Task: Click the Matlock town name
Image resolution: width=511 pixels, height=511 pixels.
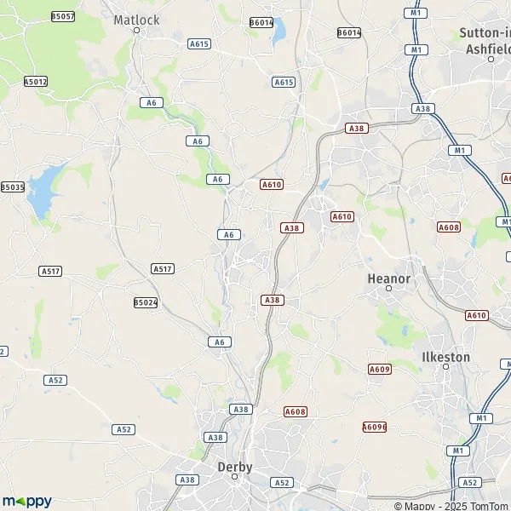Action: pyautogui.click(x=136, y=18)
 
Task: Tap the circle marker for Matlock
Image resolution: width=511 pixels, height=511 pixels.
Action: pyautogui.click(x=136, y=30)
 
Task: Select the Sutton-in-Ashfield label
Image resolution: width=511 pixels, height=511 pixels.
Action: pyautogui.click(x=485, y=40)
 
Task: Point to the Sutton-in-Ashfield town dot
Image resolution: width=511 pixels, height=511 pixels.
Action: pyautogui.click(x=491, y=59)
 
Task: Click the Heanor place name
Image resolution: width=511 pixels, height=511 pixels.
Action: pyautogui.click(x=388, y=278)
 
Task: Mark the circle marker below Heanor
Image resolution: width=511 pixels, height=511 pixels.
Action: pyautogui.click(x=388, y=289)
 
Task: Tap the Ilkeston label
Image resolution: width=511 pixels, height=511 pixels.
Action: pyautogui.click(x=446, y=357)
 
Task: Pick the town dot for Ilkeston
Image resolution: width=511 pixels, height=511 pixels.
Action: pyautogui.click(x=445, y=367)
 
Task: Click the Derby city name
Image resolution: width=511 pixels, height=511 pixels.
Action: pyautogui.click(x=234, y=467)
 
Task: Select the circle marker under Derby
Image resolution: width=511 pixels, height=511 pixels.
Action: pyautogui.click(x=235, y=478)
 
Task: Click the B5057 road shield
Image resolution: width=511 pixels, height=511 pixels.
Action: pyautogui.click(x=63, y=16)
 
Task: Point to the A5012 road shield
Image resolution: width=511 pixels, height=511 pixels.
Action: pyautogui.click(x=36, y=82)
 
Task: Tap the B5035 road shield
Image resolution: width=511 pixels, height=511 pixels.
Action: pyautogui.click(x=12, y=187)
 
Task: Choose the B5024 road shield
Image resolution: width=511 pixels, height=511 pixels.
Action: pyautogui.click(x=146, y=302)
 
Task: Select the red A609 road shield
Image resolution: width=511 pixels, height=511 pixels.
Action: pyautogui.click(x=379, y=369)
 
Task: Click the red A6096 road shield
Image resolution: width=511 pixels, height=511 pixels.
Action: pyautogui.click(x=374, y=427)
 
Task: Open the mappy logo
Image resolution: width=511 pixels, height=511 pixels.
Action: pyautogui.click(x=26, y=501)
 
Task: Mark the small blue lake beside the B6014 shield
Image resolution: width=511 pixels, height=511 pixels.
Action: pyautogui.click(x=278, y=32)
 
